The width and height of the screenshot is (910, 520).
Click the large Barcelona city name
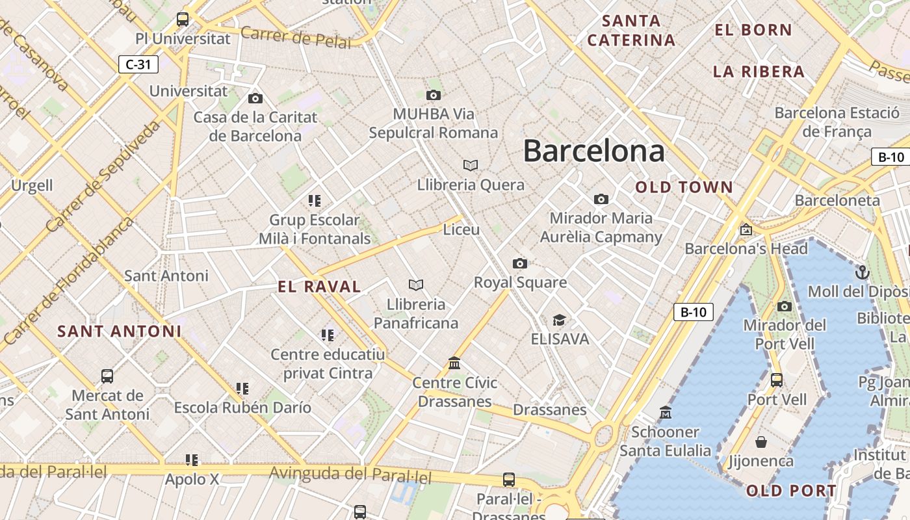(x=593, y=151)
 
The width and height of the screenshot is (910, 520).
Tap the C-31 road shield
(x=138, y=64)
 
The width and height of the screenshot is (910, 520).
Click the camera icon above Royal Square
(x=519, y=263)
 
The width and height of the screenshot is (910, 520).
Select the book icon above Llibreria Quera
(x=471, y=165)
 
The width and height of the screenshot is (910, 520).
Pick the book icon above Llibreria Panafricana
(x=416, y=285)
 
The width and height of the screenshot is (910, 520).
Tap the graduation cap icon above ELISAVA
(x=559, y=320)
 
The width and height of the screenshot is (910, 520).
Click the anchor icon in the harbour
(x=863, y=272)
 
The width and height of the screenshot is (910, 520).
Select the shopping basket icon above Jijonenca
(x=761, y=443)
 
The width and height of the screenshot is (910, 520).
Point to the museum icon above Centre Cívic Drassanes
(x=454, y=363)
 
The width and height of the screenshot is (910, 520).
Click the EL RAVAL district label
(x=319, y=287)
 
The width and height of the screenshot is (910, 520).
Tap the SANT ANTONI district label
(x=120, y=331)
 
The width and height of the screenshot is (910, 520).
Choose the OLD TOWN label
(x=684, y=187)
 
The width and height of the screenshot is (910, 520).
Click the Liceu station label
(x=461, y=229)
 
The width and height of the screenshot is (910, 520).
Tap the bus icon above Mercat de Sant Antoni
(x=107, y=376)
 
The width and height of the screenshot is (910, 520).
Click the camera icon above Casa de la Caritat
(x=255, y=98)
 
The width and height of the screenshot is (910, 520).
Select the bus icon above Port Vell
(x=776, y=380)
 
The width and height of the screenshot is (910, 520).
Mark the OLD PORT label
(x=791, y=491)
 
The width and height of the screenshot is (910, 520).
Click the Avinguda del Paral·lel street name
(x=350, y=474)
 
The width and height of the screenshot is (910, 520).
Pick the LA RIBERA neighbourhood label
(x=759, y=71)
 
